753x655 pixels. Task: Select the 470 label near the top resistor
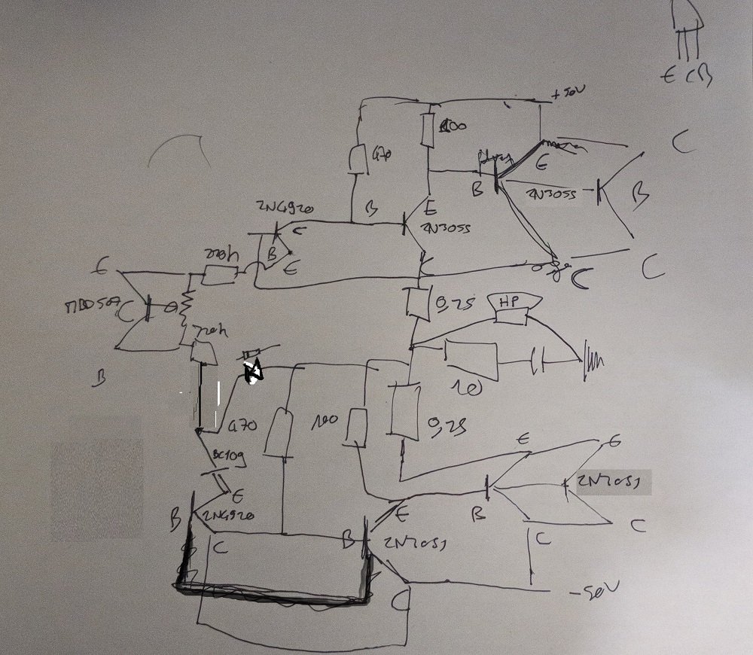[383, 156]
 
